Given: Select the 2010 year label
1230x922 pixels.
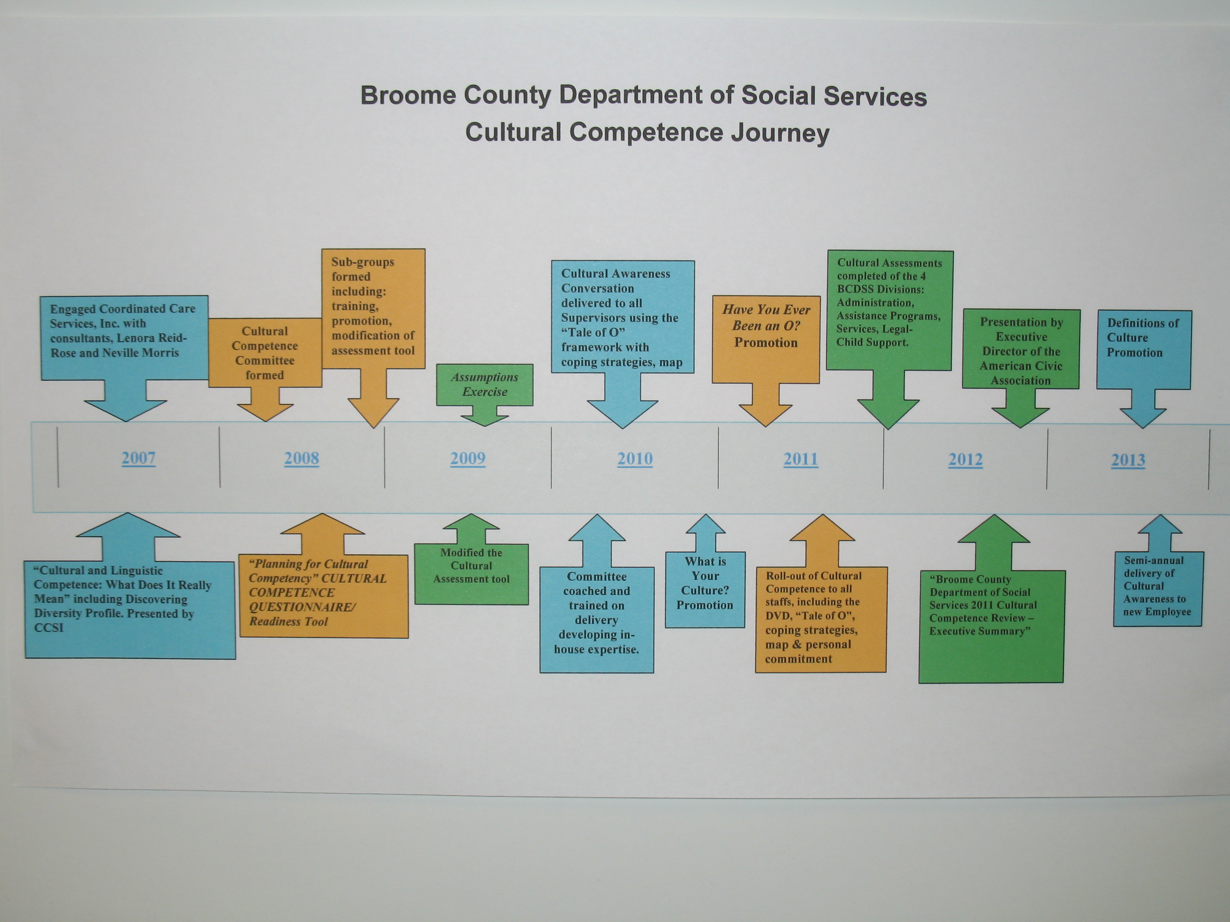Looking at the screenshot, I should point(635,459).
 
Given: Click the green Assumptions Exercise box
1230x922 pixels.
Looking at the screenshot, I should point(484,385).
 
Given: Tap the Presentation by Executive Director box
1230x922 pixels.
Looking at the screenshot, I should point(1021,351).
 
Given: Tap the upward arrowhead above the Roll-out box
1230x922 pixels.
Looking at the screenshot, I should point(822,528).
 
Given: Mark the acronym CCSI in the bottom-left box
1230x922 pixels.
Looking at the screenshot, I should point(49,628).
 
